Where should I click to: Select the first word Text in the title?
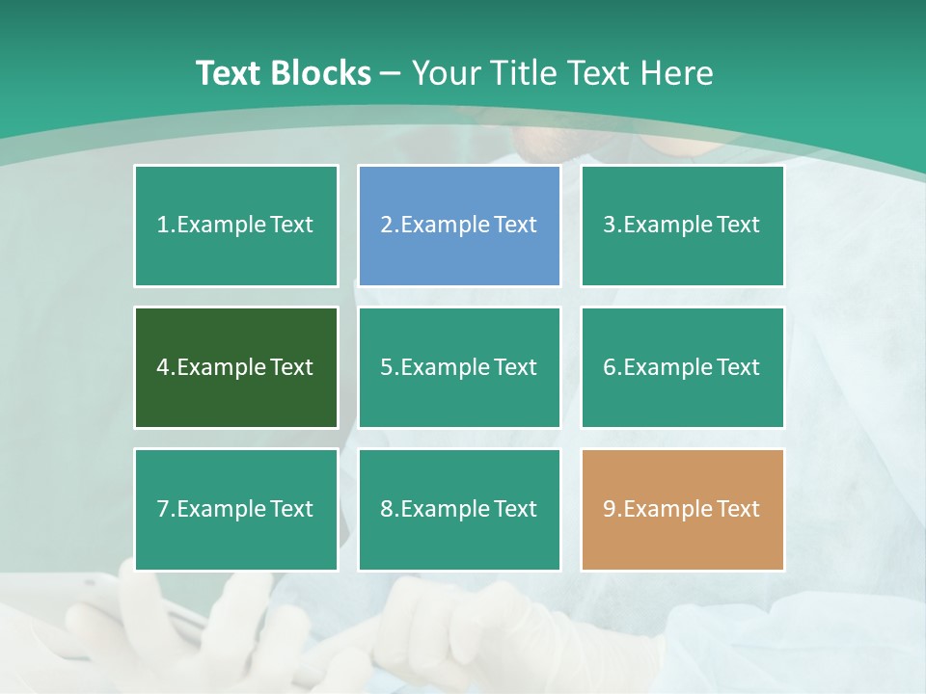point(231,73)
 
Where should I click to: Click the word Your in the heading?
point(445,73)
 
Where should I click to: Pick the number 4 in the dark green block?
point(163,367)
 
